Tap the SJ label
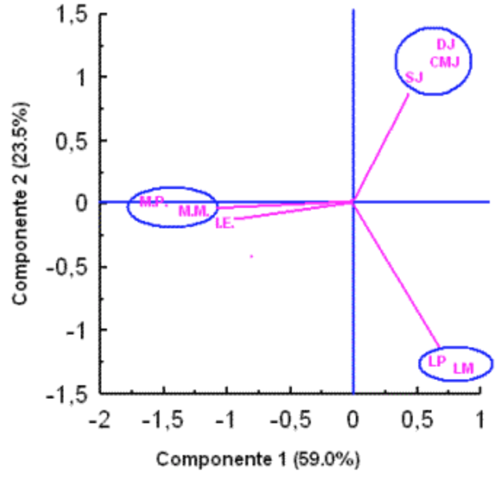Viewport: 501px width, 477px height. point(415,76)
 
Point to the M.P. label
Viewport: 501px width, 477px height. point(154,202)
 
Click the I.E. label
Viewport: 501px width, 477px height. point(224,223)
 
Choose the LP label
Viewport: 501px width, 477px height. point(437,361)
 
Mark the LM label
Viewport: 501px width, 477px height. point(463,369)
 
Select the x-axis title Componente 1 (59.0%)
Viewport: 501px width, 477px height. point(258,458)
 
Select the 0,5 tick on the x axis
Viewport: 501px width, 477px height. point(417,421)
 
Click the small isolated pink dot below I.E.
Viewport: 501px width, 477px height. point(252,257)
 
